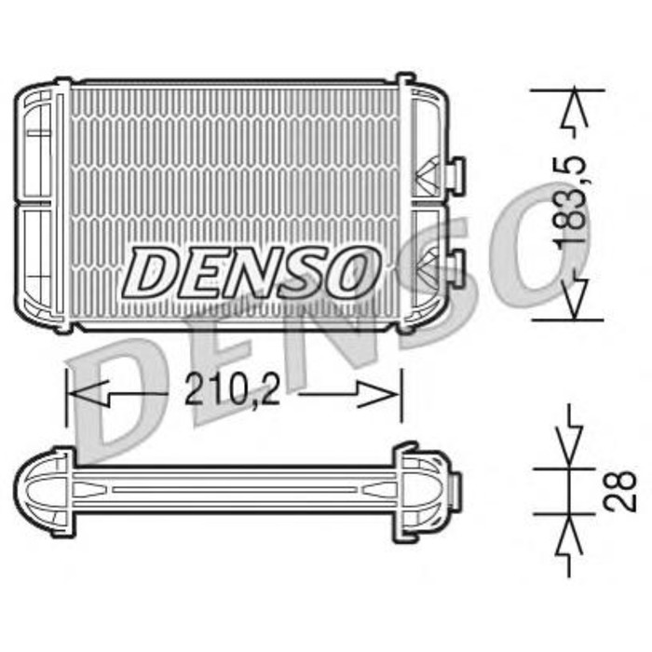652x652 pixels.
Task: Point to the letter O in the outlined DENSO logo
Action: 353,271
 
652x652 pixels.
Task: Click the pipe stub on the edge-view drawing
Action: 455,485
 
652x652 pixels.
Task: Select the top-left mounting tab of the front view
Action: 62,84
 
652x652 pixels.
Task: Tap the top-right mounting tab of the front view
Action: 405,80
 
